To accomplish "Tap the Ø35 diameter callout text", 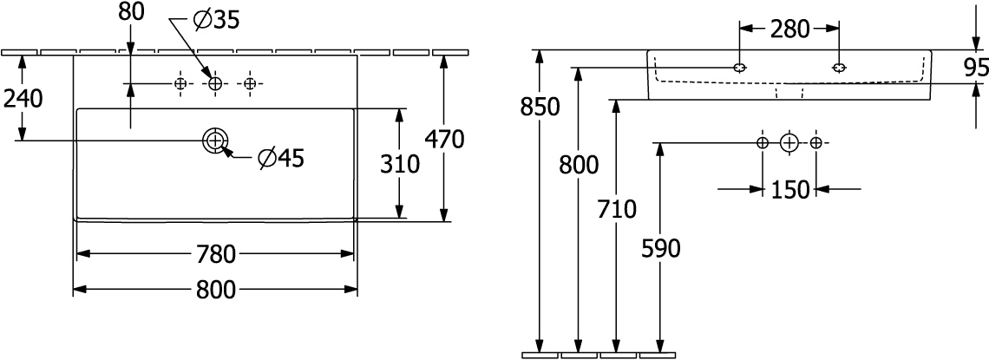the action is [216, 20].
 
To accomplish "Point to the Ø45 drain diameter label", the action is [281, 158].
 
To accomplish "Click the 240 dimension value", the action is [23, 99].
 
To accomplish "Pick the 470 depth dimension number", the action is [444, 139].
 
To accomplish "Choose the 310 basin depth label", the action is [399, 164].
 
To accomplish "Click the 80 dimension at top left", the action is [131, 11].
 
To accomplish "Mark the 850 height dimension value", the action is [540, 108].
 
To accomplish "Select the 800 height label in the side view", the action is [579, 165].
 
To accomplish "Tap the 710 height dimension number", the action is [616, 209].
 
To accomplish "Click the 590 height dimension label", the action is [660, 250].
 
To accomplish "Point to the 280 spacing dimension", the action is [789, 29].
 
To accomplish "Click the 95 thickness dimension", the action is [977, 68].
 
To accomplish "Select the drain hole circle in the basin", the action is [215, 140].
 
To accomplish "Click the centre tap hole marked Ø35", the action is [215, 83].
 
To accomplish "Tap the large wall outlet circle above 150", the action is [789, 143].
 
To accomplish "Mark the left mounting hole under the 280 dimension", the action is [740, 68].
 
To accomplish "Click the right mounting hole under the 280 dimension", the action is [840, 68].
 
